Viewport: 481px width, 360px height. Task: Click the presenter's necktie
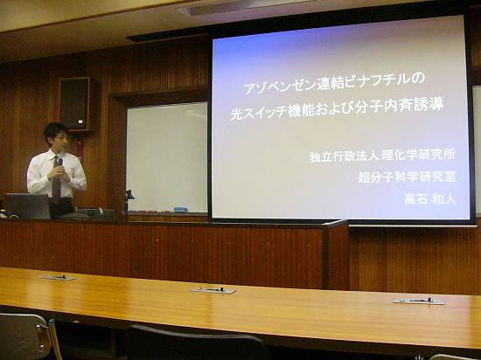coord(57,179)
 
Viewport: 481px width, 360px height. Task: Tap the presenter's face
coord(60,140)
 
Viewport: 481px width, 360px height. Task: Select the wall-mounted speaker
coord(74,104)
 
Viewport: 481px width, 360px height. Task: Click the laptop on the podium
coord(28,206)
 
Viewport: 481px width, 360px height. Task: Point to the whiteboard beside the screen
coord(167,157)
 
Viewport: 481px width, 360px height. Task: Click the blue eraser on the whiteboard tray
coord(181,209)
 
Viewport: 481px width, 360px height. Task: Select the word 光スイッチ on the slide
coord(259,113)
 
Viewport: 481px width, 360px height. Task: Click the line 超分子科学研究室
coord(407,177)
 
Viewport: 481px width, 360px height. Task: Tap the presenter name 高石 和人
coord(430,199)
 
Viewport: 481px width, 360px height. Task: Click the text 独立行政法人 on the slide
coord(345,156)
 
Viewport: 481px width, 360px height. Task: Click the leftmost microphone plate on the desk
coord(59,277)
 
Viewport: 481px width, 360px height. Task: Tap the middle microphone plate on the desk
coord(213,290)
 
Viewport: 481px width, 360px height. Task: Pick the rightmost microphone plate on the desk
coord(418,301)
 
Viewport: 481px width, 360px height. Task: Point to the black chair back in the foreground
coord(196,343)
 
